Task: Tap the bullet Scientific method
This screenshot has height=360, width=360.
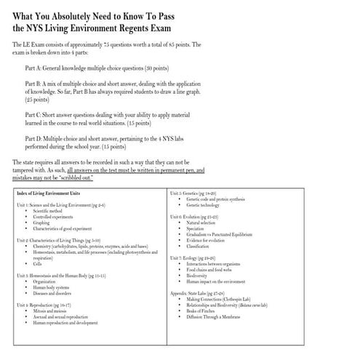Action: [51, 212]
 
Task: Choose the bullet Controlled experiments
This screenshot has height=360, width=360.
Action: [55, 217]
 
